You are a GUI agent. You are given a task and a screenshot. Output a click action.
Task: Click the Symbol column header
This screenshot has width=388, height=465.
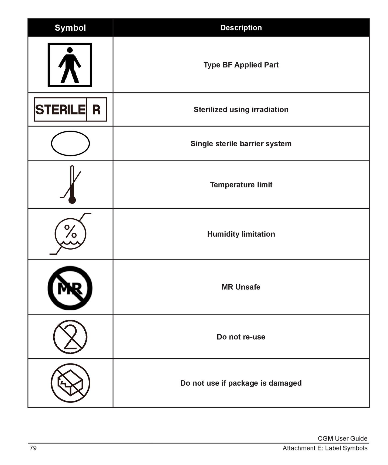pos(70,28)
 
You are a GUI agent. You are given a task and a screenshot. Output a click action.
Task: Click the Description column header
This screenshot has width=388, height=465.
pos(241,28)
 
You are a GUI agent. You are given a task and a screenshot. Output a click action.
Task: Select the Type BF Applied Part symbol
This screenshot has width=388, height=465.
pos(70,65)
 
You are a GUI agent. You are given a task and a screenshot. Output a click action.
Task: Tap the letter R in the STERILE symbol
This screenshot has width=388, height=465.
pos(96,110)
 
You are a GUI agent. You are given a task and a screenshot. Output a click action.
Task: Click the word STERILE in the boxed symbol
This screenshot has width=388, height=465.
pos(60,110)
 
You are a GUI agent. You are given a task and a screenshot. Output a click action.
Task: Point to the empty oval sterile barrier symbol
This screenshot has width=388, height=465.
pos(70,144)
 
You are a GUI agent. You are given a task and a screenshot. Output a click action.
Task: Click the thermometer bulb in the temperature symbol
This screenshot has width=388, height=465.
pos(72,200)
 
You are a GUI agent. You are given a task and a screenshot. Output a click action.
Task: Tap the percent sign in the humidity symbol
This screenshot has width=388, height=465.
pos(70,231)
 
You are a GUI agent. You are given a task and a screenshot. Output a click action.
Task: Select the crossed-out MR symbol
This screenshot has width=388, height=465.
pos(70,288)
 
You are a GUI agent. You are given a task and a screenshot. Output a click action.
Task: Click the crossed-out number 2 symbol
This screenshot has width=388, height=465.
pos(70,337)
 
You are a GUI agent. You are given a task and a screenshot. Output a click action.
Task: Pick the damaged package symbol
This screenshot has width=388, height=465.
pos(70,383)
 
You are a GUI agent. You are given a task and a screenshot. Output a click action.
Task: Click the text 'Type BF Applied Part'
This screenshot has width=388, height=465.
pos(241,65)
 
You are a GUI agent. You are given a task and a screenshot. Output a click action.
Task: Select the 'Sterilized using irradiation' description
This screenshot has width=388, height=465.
pos(241,110)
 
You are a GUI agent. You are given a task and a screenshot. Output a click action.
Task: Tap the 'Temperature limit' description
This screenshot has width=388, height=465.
pos(241,185)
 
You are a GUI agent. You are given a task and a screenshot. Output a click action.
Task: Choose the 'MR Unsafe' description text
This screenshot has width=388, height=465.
pos(241,287)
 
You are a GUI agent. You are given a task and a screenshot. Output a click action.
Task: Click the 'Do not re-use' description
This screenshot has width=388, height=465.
pos(241,337)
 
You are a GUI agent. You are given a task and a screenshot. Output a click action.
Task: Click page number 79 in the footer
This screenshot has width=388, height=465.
pos(33,448)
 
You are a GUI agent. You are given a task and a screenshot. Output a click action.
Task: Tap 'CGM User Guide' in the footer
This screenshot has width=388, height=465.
pos(342,439)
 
